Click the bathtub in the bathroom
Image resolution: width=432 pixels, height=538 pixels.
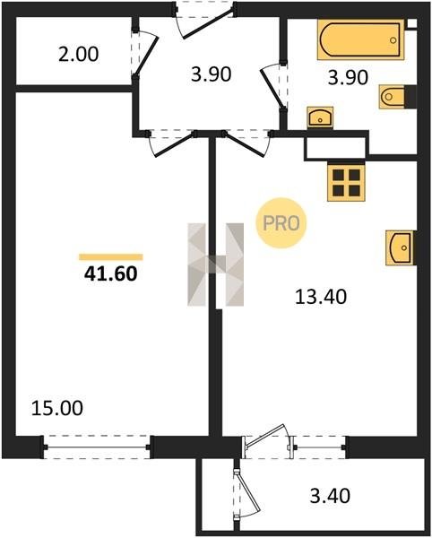click(360, 39)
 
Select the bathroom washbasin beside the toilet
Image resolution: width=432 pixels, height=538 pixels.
click(320, 117)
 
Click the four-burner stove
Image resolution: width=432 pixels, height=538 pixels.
click(346, 182)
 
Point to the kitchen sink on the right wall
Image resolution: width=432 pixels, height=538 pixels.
click(399, 247)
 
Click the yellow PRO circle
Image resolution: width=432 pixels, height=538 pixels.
click(281, 223)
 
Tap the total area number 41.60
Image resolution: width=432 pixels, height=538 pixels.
click(111, 273)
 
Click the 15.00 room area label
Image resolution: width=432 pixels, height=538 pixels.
click(57, 408)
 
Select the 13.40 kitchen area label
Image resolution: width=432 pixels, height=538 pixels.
click(321, 297)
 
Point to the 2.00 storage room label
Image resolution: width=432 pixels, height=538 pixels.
click(79, 54)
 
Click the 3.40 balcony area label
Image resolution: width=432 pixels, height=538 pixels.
click(330, 496)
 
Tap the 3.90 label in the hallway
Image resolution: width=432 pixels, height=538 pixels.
click(212, 74)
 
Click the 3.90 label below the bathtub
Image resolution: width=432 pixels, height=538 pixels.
click(348, 77)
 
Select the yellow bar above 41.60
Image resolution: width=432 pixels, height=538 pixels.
click(111, 257)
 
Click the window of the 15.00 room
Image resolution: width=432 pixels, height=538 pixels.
click(97, 447)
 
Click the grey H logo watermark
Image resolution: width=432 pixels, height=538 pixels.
click(216, 265)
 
